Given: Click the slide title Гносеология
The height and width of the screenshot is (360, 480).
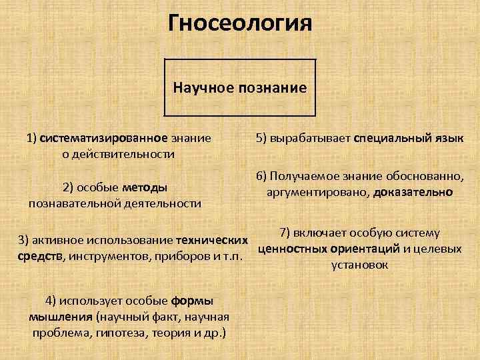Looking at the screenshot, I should (x=240, y=24).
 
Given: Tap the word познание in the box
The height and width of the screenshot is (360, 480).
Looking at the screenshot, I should (x=271, y=87).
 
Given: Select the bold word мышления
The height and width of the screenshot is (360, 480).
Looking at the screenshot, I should (x=61, y=316).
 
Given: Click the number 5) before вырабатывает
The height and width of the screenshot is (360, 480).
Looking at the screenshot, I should (x=261, y=139).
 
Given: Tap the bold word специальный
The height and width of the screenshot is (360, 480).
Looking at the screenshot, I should (x=392, y=139).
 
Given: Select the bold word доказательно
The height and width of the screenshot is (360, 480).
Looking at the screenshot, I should (x=413, y=192).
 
